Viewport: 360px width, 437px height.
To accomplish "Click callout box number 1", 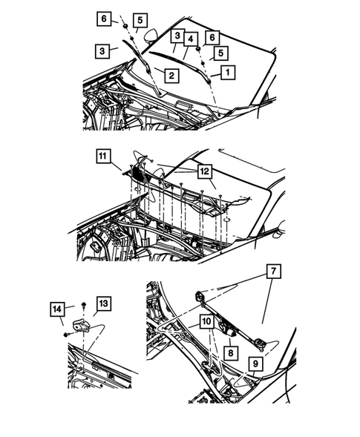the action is [228, 73].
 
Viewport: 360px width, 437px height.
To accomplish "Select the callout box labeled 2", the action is [171, 75].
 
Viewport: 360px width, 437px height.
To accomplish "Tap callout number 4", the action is [191, 39].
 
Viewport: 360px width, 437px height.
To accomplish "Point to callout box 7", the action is [274, 271].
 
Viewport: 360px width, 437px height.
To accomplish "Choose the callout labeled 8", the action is [231, 353].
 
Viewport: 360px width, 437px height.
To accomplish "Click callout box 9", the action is [255, 364].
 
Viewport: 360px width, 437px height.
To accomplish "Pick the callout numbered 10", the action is [206, 321].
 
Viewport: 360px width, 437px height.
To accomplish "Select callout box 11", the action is [103, 156].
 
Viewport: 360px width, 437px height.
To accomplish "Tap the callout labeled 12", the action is [205, 171].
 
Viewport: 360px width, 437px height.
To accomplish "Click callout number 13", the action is [103, 303].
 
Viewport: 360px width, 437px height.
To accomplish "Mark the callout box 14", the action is [57, 309].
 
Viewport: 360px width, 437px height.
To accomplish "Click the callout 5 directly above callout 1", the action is [220, 53].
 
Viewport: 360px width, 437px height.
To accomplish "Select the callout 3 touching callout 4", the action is [177, 36].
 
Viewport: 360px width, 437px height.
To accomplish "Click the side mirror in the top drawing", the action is [151, 36].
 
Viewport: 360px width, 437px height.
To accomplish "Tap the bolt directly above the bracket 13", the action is [83, 304].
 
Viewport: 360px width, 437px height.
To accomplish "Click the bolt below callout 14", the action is [67, 334].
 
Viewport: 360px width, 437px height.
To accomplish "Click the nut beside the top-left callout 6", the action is [125, 26].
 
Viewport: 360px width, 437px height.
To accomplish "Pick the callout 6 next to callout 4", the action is [212, 37].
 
